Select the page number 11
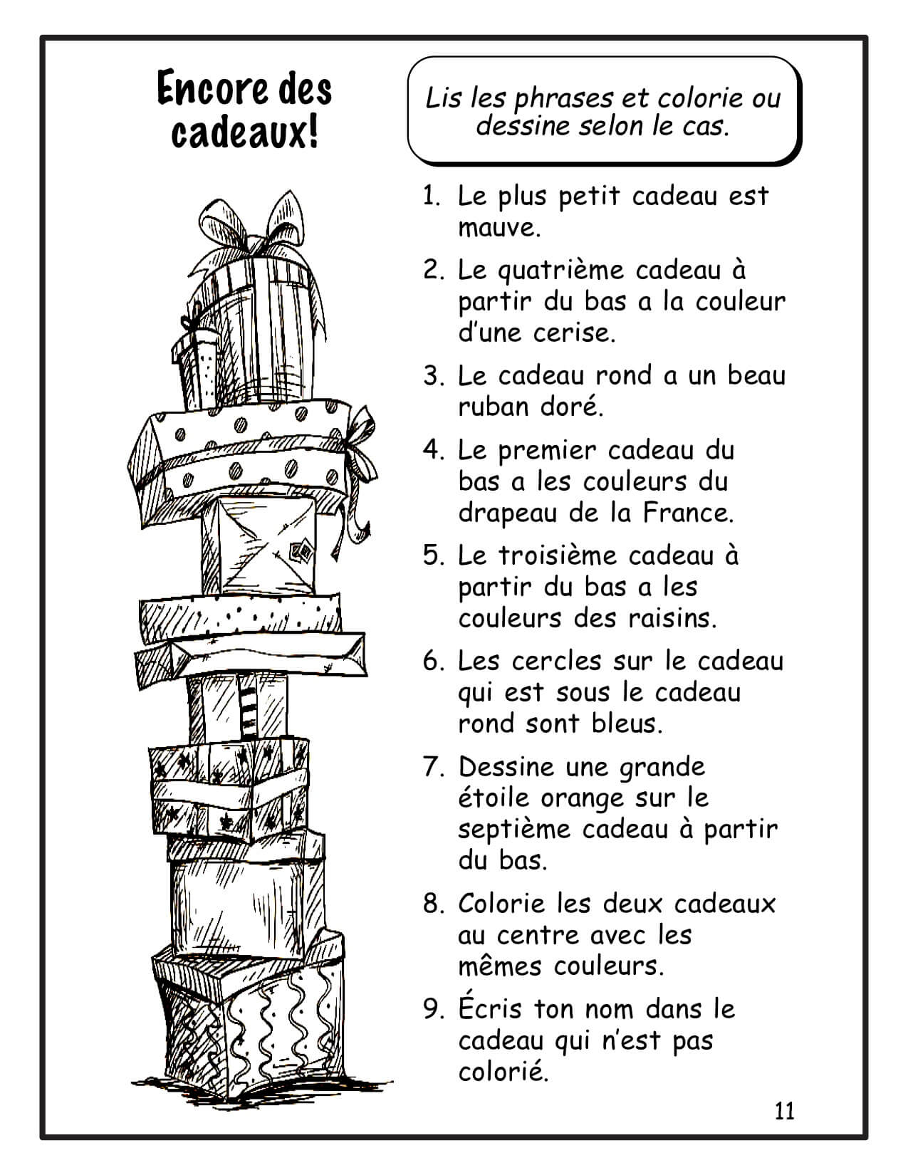pyautogui.click(x=785, y=1111)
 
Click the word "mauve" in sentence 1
pyautogui.click(x=499, y=228)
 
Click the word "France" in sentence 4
pyautogui.click(x=687, y=513)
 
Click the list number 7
pyautogui.click(x=433, y=768)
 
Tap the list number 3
pyautogui.click(x=433, y=376)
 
